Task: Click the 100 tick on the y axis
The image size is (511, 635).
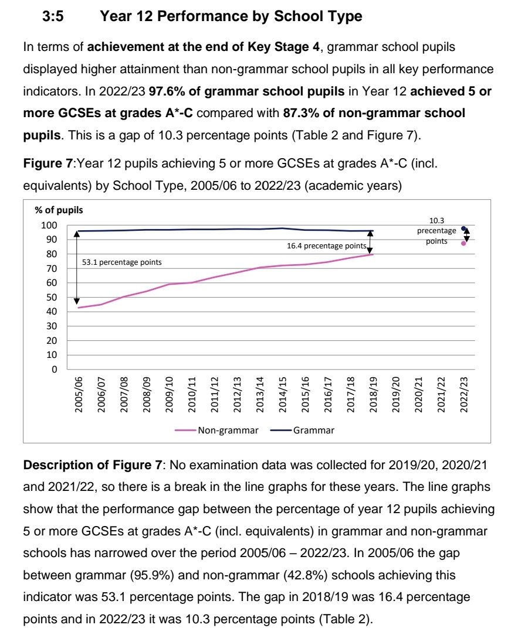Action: click(50, 226)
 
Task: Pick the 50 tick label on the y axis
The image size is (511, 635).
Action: click(52, 298)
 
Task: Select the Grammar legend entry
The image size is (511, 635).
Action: click(313, 431)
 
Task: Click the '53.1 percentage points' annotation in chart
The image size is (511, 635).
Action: click(122, 262)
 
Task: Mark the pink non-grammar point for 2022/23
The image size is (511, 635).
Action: click(463, 243)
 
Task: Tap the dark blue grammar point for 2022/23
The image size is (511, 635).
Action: click(463, 228)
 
